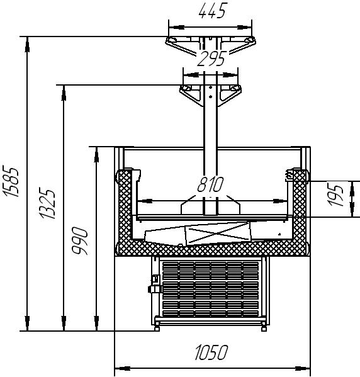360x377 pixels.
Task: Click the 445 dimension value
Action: (213, 11)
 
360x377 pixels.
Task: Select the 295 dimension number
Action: (211, 59)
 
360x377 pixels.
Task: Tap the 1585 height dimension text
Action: (11, 181)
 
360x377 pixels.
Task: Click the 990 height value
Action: (79, 241)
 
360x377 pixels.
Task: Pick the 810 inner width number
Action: (211, 184)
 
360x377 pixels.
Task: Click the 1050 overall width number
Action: (211, 352)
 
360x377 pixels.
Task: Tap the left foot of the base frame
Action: (157, 328)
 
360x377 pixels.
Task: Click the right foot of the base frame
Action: (264, 328)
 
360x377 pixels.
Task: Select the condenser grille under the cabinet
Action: (210, 290)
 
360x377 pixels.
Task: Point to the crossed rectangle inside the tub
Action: (218, 233)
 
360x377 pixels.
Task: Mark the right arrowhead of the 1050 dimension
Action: (303, 368)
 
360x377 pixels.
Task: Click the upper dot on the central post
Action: (210, 87)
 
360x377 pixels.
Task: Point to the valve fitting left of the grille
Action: (154, 284)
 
